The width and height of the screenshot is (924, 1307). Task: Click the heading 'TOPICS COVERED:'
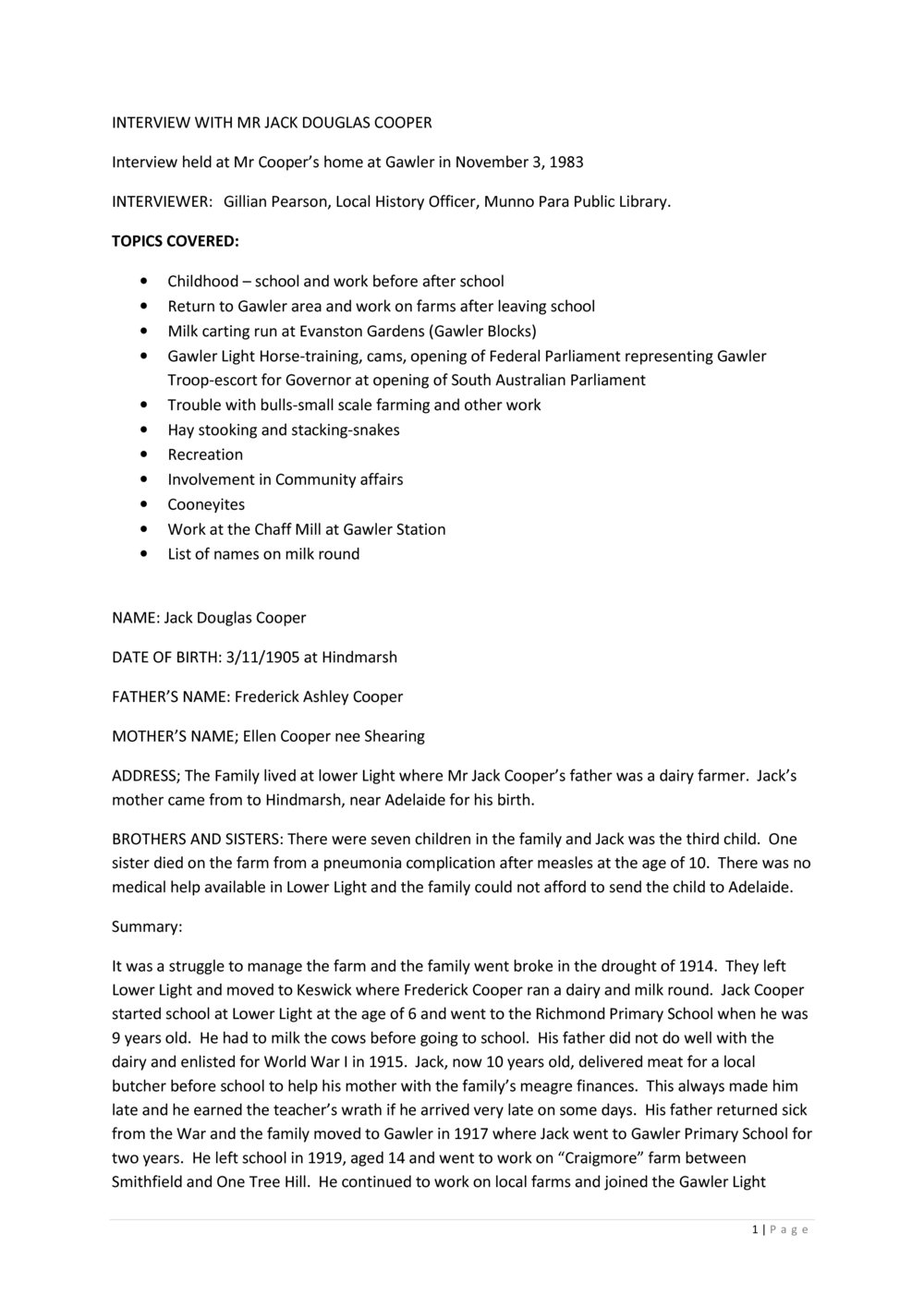point(176,241)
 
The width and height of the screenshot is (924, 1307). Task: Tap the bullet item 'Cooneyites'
point(206,504)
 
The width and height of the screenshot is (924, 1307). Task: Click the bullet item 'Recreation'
point(205,454)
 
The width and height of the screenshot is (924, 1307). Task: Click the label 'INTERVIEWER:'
point(162,201)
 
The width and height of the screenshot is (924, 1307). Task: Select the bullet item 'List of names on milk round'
point(263,554)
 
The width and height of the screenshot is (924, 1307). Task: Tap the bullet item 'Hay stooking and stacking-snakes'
point(283,430)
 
